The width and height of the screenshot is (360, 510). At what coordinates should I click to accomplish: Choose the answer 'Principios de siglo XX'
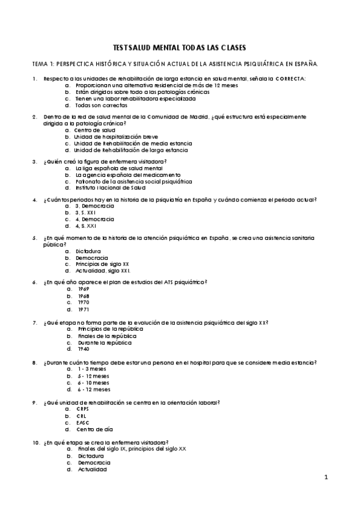pos(103,264)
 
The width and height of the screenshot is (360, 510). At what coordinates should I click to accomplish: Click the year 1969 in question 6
pos(83,289)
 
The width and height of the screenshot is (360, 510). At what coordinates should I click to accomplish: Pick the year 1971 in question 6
pos(83,309)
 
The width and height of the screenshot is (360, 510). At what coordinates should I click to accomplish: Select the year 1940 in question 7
pos(83,349)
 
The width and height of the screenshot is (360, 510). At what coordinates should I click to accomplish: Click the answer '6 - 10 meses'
pos(93,382)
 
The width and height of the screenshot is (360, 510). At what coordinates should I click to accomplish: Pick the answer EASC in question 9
pos(83,423)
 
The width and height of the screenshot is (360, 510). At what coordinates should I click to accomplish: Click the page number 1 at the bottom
pos(325,478)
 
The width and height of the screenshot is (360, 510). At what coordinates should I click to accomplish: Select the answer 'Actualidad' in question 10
pos(91,469)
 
